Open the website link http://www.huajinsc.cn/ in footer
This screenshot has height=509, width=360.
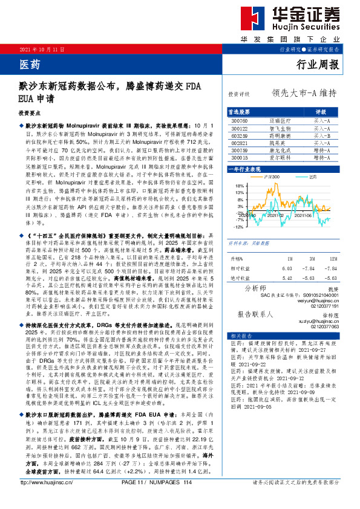[42, 499]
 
